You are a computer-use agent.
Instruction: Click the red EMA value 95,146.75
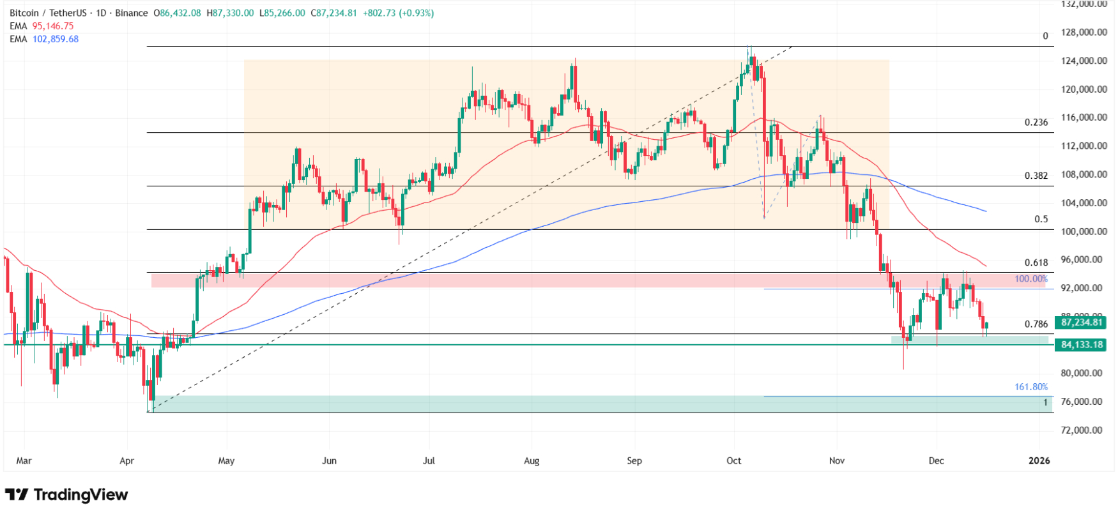pos(53,26)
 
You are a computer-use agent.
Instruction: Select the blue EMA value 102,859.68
pos(56,39)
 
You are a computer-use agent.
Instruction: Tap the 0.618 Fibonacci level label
pos(1036,262)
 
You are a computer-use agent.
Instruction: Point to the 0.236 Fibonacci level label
pos(1036,122)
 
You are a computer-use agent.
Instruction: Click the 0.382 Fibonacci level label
pos(1036,176)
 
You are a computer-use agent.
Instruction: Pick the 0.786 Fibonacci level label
pos(1036,324)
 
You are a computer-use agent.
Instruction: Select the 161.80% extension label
pos(1030,387)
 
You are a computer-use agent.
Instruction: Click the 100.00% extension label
pos(1030,279)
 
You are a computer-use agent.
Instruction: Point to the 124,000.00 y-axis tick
pos(1084,61)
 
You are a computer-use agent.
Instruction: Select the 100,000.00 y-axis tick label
pos(1084,231)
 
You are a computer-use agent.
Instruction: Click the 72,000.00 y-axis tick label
pos(1084,430)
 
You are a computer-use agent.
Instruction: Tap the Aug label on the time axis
pos(532,460)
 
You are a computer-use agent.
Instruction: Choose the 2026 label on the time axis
pos(1039,460)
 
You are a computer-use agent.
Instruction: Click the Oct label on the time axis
pos(733,460)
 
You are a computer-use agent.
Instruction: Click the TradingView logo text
pos(80,495)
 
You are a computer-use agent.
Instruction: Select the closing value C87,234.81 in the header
pos(333,13)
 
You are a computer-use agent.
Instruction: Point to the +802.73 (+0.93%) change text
pos(398,13)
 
